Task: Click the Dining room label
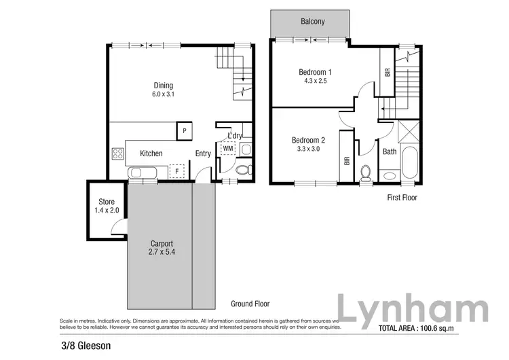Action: click(x=163, y=85)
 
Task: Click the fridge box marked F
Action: click(x=178, y=170)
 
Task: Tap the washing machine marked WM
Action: click(x=227, y=147)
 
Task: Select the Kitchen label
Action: click(x=151, y=154)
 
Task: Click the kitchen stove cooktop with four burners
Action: click(x=117, y=154)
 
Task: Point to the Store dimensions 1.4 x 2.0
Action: click(x=107, y=211)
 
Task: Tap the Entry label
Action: click(x=203, y=154)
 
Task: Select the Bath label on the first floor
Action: click(x=390, y=151)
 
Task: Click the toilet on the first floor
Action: click(x=366, y=173)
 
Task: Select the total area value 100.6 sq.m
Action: click(x=449, y=329)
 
